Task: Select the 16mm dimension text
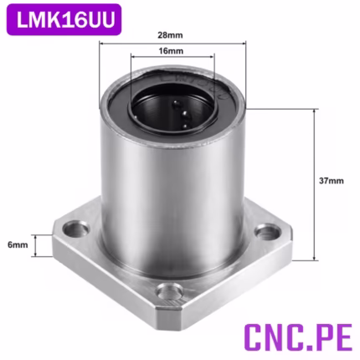[x=176, y=52]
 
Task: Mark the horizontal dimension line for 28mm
[x=176, y=44]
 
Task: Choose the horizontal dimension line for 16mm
[x=176, y=59]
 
